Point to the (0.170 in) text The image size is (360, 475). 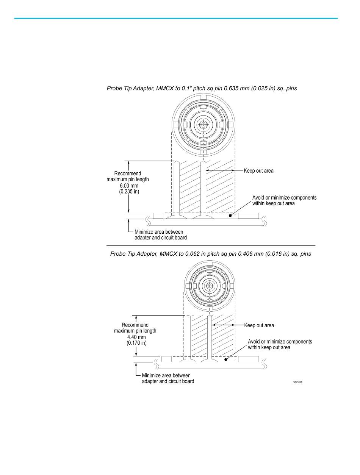coord(136,343)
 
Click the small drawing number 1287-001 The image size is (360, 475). coord(297,382)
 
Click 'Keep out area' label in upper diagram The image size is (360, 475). coord(258,171)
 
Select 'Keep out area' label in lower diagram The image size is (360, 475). coord(259,325)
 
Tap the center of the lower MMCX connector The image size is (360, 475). coord(209,285)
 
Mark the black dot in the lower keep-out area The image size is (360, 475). coord(226,359)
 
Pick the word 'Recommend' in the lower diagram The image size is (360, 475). coord(135,325)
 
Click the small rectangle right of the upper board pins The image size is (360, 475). coord(249,216)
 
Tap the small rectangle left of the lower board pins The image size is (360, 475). coord(167,359)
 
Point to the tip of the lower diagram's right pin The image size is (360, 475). coord(209,315)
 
